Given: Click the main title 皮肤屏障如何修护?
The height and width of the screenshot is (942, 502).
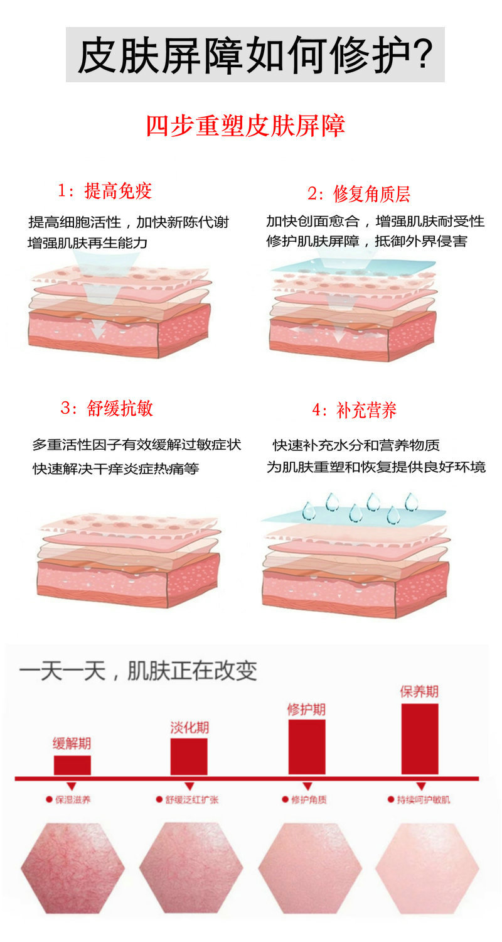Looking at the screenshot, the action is click(x=255, y=55).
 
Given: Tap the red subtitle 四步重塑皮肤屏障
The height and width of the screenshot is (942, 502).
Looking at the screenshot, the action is click(x=246, y=126).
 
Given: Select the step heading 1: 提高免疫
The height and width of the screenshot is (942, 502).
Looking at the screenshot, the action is click(x=105, y=191).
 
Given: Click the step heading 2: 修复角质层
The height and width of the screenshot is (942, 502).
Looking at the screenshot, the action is click(x=359, y=193).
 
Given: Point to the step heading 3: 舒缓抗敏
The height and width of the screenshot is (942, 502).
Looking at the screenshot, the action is click(x=107, y=408).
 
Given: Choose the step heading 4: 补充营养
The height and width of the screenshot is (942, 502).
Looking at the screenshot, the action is click(x=354, y=410).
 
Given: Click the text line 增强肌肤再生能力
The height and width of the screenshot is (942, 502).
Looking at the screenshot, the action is click(x=87, y=242).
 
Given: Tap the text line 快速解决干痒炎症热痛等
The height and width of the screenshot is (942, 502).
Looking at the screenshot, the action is click(x=116, y=468).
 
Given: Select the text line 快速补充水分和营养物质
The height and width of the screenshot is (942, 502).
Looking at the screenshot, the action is click(x=356, y=445).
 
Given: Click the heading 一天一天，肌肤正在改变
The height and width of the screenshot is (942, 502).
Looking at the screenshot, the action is click(x=138, y=670).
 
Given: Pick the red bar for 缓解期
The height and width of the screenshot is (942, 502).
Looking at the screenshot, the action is click(x=72, y=765).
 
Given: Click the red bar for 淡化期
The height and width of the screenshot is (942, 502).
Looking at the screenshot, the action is click(x=189, y=757).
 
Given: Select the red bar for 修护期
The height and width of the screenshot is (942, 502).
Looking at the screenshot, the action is click(x=307, y=747).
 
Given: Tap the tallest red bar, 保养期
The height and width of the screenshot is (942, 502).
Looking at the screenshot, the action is click(x=420, y=739).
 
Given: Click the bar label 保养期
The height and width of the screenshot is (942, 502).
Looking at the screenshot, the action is click(x=419, y=691).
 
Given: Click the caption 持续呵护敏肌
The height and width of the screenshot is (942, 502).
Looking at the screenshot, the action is click(x=424, y=799).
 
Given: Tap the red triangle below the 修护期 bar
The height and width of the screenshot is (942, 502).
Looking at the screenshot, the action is click(x=308, y=786).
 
